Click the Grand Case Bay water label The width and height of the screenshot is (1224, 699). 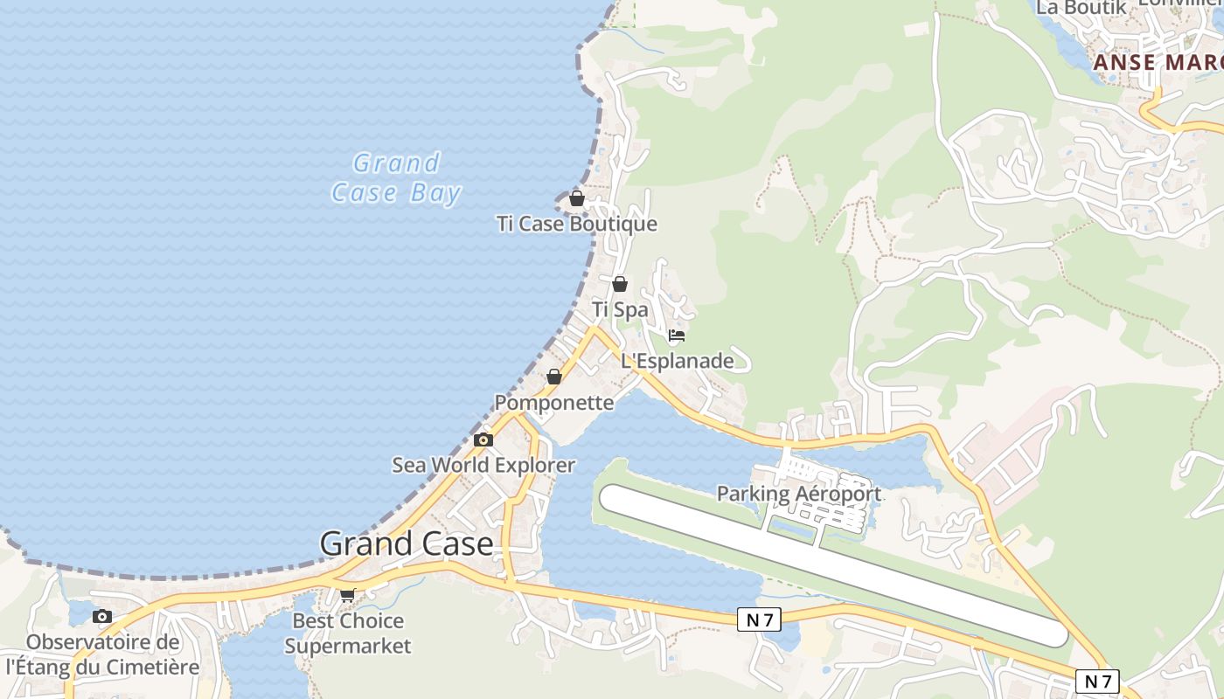396,177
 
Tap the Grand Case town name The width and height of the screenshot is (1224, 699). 407,543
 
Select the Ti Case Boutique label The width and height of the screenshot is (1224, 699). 577,224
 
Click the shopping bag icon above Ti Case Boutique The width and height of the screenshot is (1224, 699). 577,198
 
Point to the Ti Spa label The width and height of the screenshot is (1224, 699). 620,309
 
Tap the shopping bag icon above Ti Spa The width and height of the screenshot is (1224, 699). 620,284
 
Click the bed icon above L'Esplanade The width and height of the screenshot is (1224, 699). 676,336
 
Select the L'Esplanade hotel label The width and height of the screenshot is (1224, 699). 678,361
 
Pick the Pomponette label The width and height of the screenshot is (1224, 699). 554,403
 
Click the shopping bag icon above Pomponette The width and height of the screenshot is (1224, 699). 554,377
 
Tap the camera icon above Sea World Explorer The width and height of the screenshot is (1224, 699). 483,439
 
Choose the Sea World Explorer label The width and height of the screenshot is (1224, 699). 483,465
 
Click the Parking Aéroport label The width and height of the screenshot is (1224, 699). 799,494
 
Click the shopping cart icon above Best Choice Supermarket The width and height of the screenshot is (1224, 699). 348,595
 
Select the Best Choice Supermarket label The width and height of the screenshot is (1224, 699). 348,633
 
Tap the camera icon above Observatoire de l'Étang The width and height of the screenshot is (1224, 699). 102,617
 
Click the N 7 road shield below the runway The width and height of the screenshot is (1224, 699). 758,619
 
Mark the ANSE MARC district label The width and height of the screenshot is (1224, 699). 1158,63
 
